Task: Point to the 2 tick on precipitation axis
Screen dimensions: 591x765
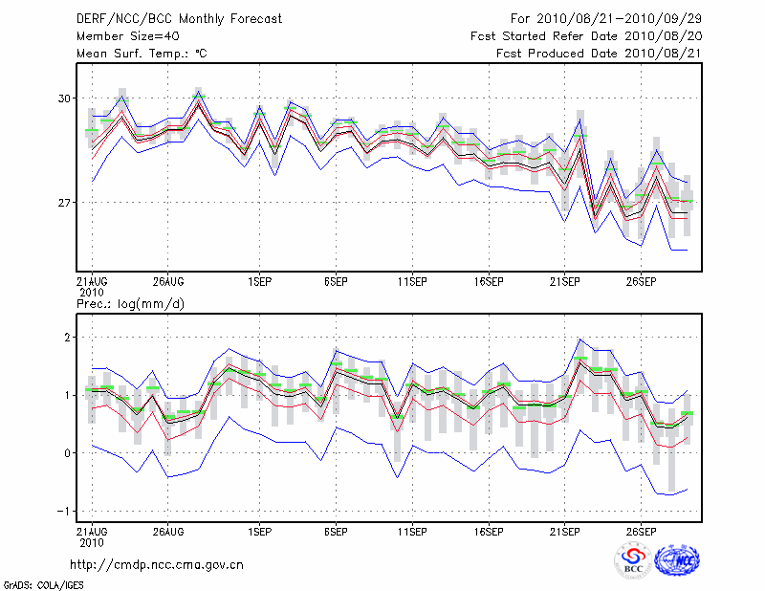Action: pos(68,338)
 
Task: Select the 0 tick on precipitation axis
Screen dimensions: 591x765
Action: pos(68,452)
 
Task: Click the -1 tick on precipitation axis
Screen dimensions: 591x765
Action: pos(65,511)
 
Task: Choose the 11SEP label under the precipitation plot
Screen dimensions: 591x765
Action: pos(411,531)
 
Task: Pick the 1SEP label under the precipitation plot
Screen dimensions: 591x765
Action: pos(258,531)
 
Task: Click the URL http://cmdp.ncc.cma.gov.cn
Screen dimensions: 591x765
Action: pos(157,564)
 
